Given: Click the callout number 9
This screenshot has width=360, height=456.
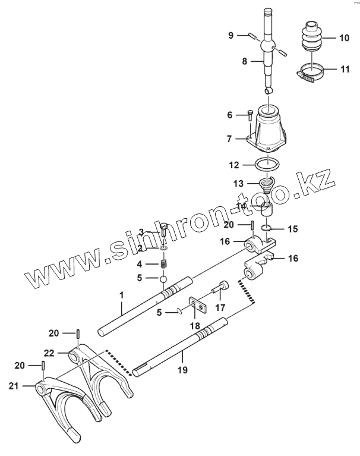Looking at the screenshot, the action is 231,35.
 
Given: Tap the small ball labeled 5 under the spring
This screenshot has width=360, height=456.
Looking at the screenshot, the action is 163,278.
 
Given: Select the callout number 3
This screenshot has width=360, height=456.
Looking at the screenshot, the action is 141,231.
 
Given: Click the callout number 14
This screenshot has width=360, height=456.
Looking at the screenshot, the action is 241,206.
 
